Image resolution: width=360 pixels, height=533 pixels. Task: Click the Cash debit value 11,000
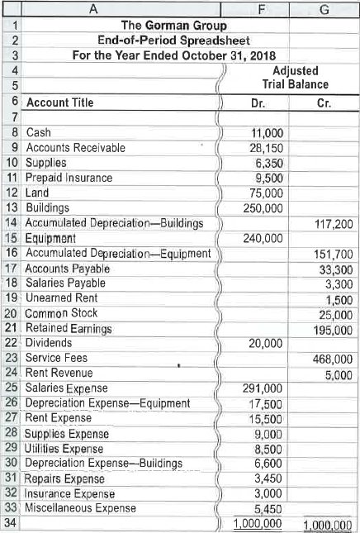[x=267, y=134]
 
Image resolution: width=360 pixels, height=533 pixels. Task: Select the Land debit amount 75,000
[x=266, y=193]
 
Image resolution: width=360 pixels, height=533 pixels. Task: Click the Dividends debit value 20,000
[x=266, y=344]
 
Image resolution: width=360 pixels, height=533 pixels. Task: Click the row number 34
[x=11, y=523]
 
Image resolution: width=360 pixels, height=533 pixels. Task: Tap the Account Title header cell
[x=60, y=103]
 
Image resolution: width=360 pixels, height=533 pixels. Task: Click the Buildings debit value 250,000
[x=263, y=207]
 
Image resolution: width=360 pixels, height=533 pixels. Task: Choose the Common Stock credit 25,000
[x=336, y=313]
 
